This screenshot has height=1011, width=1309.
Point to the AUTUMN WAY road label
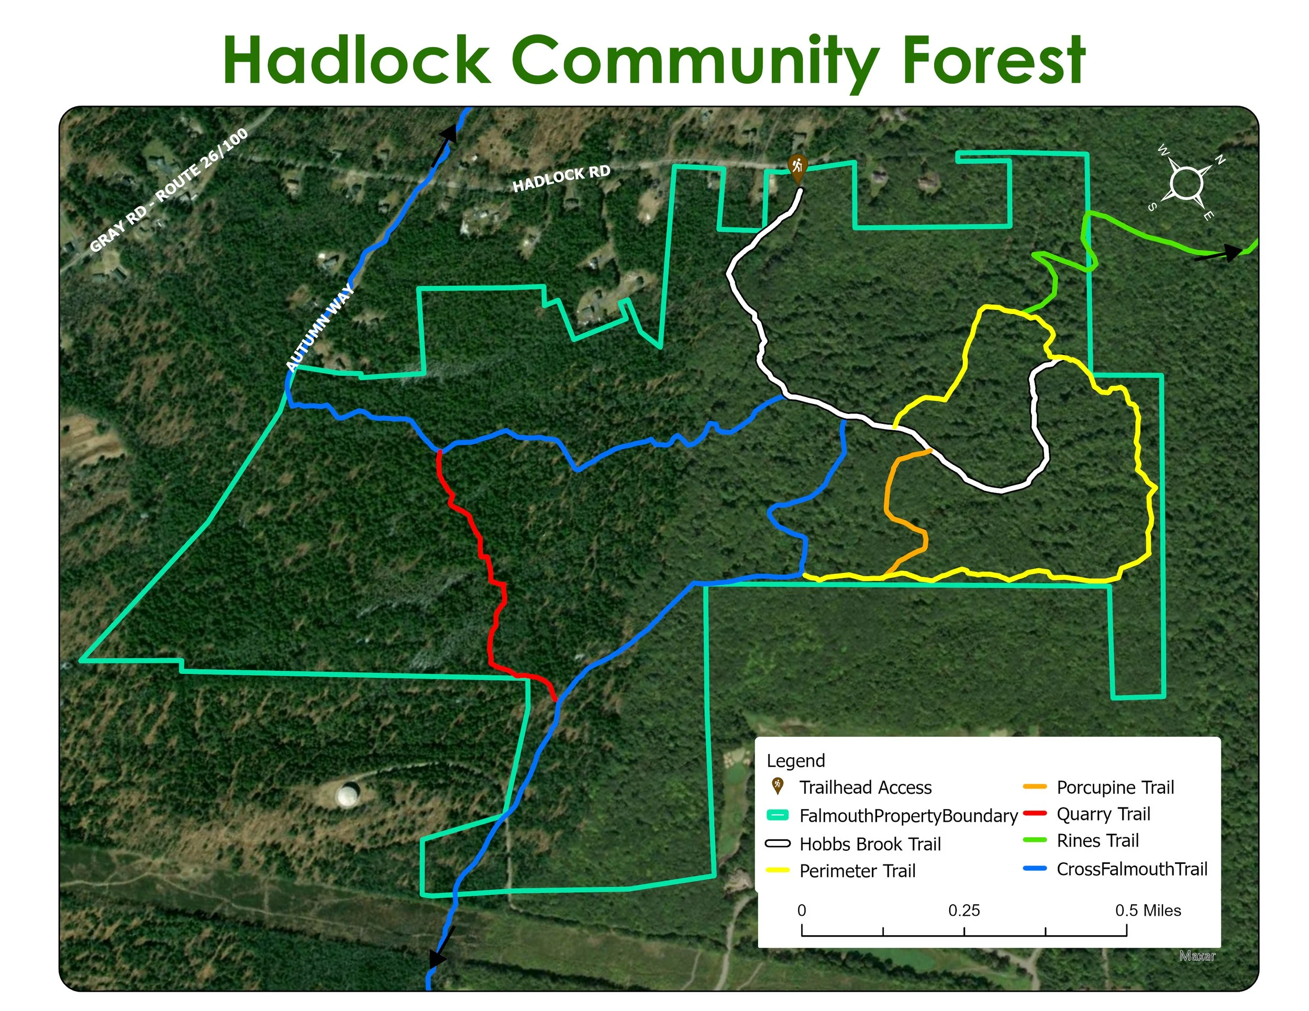click(320, 328)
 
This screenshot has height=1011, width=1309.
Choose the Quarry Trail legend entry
click(1103, 814)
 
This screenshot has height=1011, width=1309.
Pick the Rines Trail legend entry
click(1097, 841)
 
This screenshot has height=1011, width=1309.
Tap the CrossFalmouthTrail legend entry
click(1131, 869)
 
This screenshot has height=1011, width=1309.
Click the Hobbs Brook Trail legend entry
click(870, 844)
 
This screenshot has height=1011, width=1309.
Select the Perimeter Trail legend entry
click(857, 871)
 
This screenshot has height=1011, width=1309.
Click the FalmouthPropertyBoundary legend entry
click(908, 816)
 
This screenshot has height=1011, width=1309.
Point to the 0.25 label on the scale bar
click(964, 911)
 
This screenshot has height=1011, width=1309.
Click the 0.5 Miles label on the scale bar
click(1148, 911)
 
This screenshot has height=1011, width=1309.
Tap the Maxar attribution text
click(1197, 956)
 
